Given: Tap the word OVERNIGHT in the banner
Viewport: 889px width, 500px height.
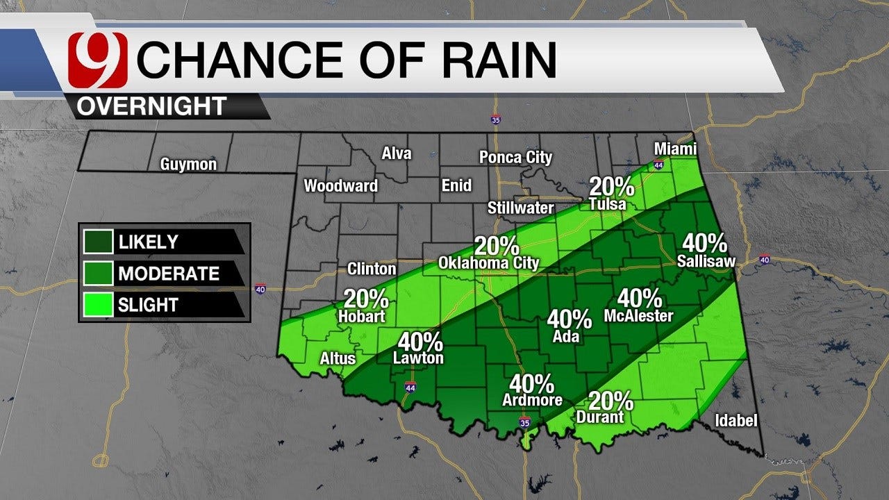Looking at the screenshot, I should tap(151, 106).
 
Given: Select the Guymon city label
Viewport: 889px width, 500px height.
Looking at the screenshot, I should tap(188, 165).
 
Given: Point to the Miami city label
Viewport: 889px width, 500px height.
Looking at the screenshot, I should tap(675, 149).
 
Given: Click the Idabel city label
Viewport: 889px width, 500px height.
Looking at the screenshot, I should tap(736, 421).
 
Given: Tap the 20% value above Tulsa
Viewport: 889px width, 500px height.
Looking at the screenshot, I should tap(611, 186).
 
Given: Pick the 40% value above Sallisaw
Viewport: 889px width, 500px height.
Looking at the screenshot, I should tap(705, 243).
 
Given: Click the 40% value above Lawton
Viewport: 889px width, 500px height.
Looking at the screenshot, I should tap(420, 342).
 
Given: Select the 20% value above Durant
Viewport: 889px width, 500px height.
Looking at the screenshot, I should tap(611, 401).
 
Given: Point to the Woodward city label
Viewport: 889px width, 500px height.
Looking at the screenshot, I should tap(341, 185).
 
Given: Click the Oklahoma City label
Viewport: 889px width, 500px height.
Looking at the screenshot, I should tap(489, 263).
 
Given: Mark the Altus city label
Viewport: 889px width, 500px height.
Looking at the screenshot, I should tap(338, 358).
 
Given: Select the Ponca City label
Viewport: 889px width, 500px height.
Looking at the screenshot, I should tap(515, 158).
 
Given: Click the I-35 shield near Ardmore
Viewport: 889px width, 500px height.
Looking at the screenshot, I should tap(525, 422).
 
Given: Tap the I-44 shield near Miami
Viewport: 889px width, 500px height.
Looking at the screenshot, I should tap(658, 165).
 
